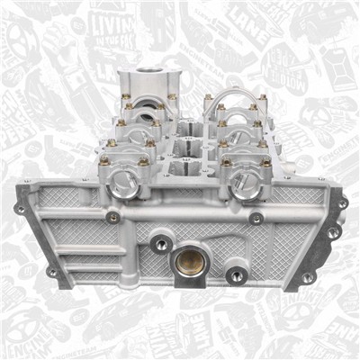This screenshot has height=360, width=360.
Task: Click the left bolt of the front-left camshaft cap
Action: point(104,162)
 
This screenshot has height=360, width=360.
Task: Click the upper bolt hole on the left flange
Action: point(20,209)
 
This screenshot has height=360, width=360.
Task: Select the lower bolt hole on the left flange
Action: point(51,271)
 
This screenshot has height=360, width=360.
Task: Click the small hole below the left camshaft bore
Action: point(112,217)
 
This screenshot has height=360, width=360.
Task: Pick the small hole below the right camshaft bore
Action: point(256,218)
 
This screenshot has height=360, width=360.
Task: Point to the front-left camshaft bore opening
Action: point(123,184)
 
